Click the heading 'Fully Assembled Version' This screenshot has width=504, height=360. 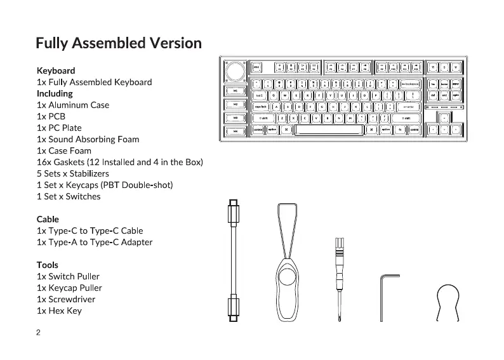tap(119, 43)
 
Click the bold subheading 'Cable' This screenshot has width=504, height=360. tap(48, 219)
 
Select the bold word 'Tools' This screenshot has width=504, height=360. tap(48, 265)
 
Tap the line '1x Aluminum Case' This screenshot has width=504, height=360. tap(73, 105)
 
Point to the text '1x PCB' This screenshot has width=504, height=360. tap(51, 116)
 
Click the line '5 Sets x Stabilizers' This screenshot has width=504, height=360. tap(73, 173)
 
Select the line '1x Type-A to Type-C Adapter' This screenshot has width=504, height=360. tap(95, 242)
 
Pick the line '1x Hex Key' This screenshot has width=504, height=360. tap(59, 310)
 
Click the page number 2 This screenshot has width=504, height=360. tap(39, 332)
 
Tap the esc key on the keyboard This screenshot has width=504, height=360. tap(257, 67)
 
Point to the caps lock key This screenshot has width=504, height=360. tap(261, 107)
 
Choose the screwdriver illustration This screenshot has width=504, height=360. tap(338, 279)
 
